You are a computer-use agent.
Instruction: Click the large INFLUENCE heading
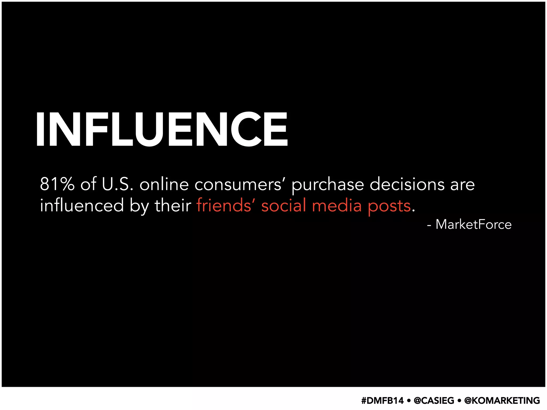click(x=162, y=129)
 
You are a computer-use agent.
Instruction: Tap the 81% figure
click(x=57, y=184)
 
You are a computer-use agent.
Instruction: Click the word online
click(x=164, y=184)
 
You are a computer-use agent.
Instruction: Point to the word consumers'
click(x=238, y=185)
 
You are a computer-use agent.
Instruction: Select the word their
click(x=173, y=206)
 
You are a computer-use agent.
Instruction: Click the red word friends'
click(x=224, y=206)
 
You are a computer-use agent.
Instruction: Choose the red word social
click(x=283, y=206)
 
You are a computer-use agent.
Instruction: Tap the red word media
click(x=337, y=206)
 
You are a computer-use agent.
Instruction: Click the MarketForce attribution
click(x=473, y=224)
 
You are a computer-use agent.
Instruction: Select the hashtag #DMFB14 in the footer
click(x=382, y=401)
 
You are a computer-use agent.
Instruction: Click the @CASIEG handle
click(x=434, y=401)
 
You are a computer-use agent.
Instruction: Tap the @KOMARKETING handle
click(x=502, y=401)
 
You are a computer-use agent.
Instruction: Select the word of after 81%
click(x=88, y=184)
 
